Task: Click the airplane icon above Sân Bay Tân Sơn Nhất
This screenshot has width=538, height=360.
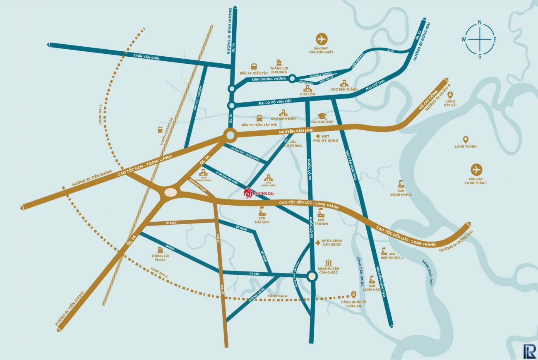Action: [x=321, y=40]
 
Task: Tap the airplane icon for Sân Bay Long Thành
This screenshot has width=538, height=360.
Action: [x=476, y=170]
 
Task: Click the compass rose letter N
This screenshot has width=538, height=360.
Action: [x=480, y=22]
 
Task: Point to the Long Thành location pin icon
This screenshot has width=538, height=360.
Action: [x=466, y=139]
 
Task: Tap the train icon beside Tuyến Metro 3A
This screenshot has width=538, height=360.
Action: [x=160, y=130]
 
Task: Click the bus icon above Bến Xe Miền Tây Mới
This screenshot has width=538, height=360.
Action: [x=259, y=118]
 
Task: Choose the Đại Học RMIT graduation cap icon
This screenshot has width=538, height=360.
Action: [x=322, y=116]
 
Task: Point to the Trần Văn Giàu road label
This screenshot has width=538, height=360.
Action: [x=141, y=57]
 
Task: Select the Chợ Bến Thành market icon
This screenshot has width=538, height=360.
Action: [x=344, y=84]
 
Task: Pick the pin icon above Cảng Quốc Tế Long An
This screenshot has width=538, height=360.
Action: [x=353, y=294]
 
